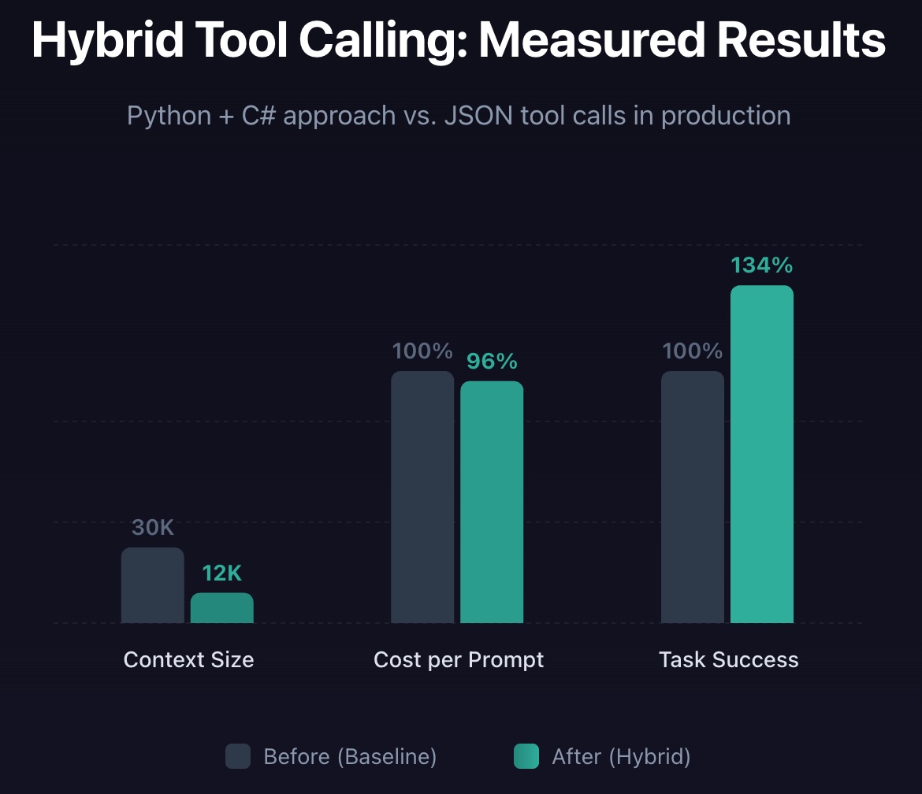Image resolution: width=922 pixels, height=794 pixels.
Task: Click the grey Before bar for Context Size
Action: pyautogui.click(x=152, y=585)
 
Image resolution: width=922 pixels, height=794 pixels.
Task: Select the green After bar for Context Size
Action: pyautogui.click(x=221, y=608)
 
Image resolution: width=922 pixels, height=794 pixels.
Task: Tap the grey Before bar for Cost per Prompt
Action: pyautogui.click(x=422, y=497)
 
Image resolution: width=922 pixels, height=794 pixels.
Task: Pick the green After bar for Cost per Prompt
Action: pyautogui.click(x=492, y=502)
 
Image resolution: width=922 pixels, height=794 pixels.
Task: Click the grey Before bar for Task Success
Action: pyautogui.click(x=692, y=497)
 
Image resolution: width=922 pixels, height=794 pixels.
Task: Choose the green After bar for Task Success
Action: pyautogui.click(x=761, y=455)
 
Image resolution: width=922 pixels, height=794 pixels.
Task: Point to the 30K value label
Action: pyautogui.click(x=152, y=528)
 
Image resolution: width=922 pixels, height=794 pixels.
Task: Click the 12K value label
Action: pyautogui.click(x=221, y=573)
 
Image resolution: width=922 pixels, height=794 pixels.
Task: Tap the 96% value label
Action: pyautogui.click(x=492, y=362)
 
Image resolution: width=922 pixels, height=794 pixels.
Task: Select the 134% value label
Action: pyautogui.click(x=761, y=265)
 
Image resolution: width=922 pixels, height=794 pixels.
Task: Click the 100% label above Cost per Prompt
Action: pyautogui.click(x=422, y=351)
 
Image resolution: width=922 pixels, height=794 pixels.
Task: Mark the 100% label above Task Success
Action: pyautogui.click(x=692, y=351)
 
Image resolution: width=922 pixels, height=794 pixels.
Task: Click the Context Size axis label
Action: pyautogui.click(x=188, y=659)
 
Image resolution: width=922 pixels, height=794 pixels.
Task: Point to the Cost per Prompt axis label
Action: pyautogui.click(x=459, y=659)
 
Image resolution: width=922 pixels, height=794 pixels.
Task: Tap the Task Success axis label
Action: pyautogui.click(x=728, y=659)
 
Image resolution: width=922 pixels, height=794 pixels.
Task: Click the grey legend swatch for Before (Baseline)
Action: pyautogui.click(x=238, y=756)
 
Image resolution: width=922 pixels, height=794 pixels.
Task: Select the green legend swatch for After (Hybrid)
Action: pyautogui.click(x=526, y=756)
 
